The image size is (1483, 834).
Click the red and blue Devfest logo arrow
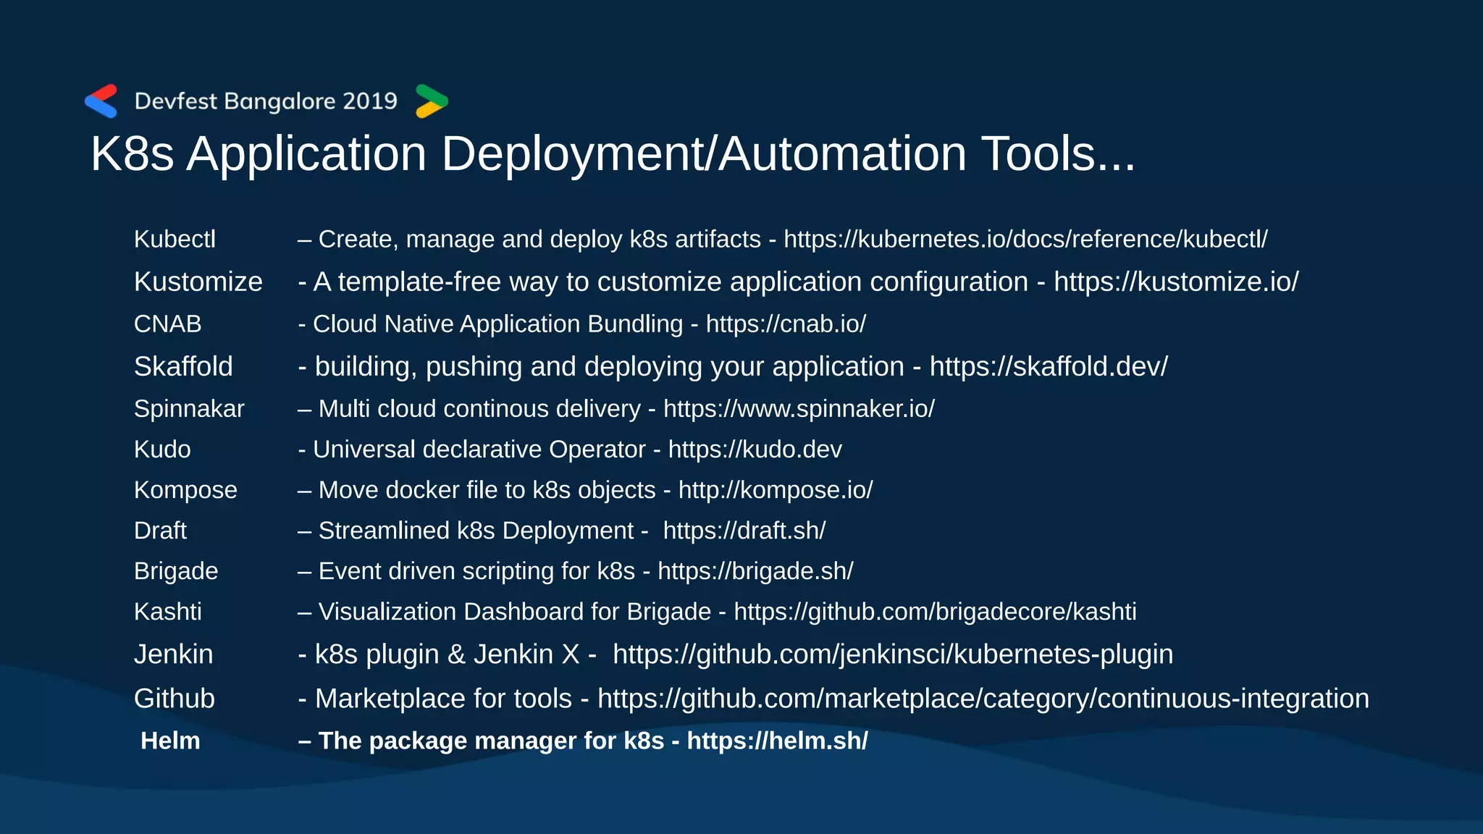click(101, 101)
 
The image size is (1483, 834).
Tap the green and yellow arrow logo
click(432, 101)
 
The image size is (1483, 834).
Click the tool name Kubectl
click(175, 240)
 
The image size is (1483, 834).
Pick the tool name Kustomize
click(198, 282)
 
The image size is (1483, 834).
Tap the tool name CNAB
click(167, 324)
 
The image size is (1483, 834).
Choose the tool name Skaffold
click(183, 367)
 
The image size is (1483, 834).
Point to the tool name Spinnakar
click(189, 409)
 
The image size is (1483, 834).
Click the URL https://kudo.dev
click(755, 450)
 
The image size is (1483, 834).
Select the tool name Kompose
click(185, 490)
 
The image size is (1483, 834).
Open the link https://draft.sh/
click(744, 531)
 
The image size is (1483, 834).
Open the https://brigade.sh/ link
click(755, 571)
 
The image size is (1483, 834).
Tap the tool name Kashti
click(167, 612)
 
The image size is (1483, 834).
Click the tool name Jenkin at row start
click(173, 654)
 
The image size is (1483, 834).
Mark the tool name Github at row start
click(174, 699)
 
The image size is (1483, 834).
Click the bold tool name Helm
click(170, 741)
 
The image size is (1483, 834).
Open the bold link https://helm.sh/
click(777, 741)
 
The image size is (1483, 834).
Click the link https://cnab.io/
click(786, 324)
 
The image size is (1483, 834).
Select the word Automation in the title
click(843, 154)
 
